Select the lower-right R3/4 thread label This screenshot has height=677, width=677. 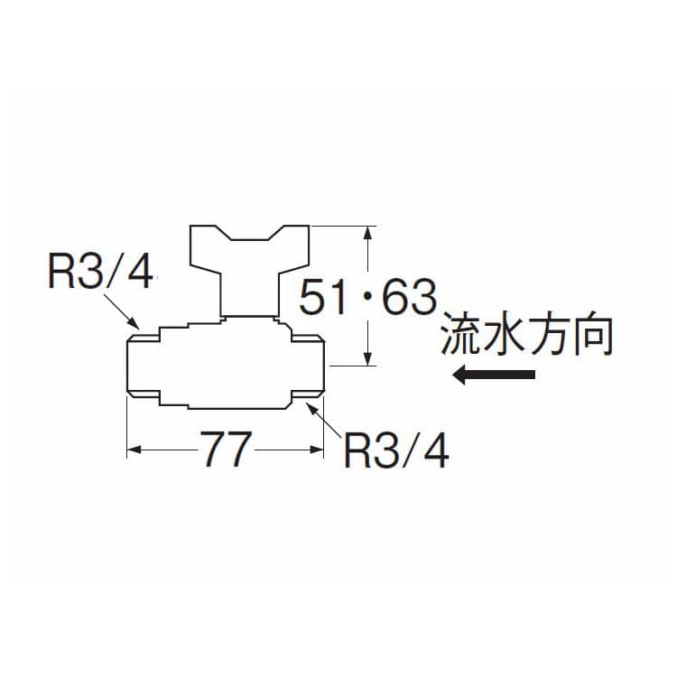click(396, 449)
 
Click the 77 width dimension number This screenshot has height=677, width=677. click(223, 449)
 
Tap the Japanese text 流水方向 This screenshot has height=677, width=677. click(527, 337)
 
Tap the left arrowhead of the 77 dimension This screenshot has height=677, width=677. click(133, 449)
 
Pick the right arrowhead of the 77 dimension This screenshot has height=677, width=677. click(317, 449)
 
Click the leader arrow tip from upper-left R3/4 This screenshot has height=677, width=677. click(137, 326)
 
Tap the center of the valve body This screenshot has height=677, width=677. click(226, 366)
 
